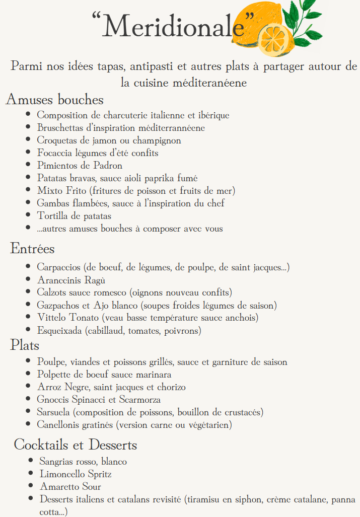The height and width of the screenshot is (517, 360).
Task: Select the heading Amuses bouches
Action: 54,99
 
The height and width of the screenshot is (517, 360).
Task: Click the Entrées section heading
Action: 32,248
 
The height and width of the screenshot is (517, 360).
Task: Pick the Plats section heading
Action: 25,345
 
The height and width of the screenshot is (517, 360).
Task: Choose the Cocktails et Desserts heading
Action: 76,445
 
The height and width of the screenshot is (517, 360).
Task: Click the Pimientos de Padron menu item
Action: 80,165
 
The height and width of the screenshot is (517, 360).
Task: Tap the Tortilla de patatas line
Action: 74,216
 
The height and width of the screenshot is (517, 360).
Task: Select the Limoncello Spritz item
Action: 76,474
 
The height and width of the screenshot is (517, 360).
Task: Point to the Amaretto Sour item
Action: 70,487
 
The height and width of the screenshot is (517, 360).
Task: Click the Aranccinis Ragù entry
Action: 71,280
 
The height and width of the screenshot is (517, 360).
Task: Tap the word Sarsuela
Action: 54,412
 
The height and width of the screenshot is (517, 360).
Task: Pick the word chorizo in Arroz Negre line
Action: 170,387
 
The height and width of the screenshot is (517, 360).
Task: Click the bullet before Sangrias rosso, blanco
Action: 31,461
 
